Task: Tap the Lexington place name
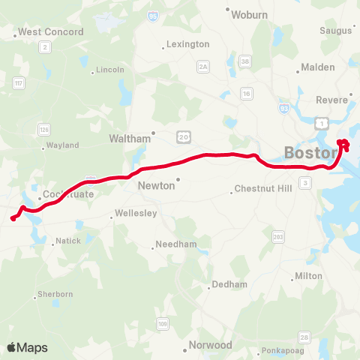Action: (188, 45)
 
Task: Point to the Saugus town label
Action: (336, 31)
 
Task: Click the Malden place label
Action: (318, 67)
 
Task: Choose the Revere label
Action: (332, 100)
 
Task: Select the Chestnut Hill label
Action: (261, 189)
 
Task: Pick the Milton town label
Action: (309, 276)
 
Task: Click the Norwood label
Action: (211, 346)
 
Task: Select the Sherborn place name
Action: (55, 295)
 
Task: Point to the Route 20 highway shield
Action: (183, 135)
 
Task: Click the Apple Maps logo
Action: (27, 347)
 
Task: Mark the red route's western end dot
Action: (13, 219)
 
